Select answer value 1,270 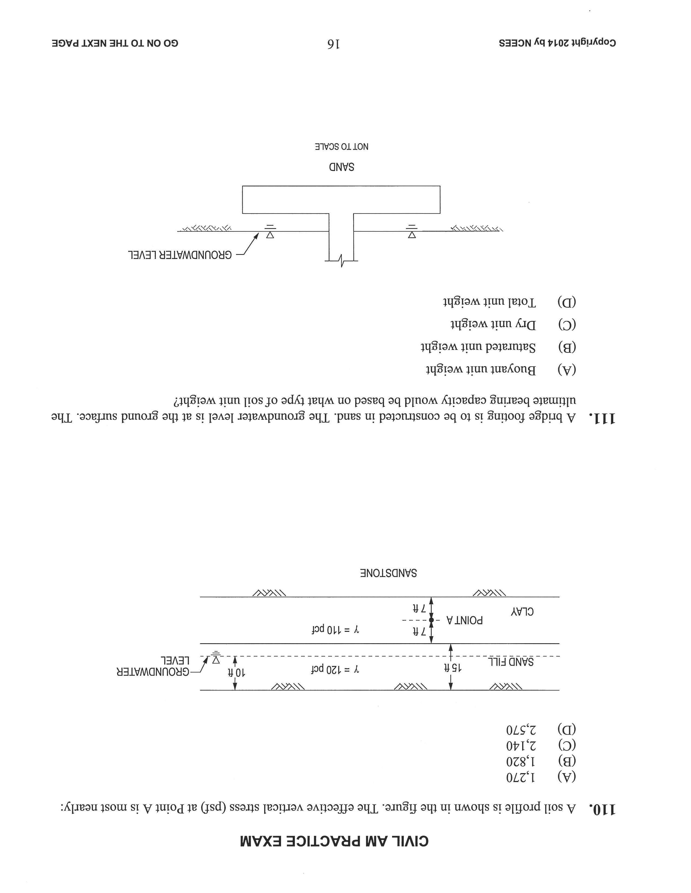point(521,776)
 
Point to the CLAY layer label point(522,612)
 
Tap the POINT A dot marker point(431,620)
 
